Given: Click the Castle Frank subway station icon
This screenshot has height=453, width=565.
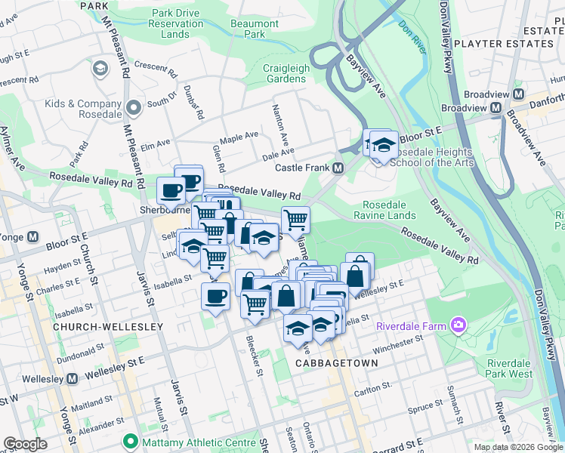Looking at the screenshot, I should pos(338,168).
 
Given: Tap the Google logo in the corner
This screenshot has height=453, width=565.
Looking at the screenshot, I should pos(25,443).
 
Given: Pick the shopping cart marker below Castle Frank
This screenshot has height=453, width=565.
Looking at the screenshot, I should pos(295,220).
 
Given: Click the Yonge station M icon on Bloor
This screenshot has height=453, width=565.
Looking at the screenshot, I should pos(32,236).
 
